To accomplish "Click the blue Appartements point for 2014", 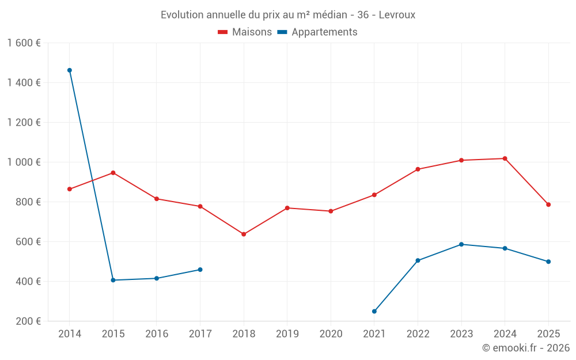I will (70, 70).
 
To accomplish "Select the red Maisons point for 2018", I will (244, 234).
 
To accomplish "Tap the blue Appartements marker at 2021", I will (374, 312).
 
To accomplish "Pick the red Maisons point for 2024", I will (505, 158).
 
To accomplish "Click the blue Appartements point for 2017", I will (200, 270).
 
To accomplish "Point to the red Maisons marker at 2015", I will (113, 173).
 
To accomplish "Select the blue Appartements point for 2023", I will (461, 244).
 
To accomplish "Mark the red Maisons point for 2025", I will (548, 204).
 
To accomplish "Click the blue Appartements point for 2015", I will (113, 281).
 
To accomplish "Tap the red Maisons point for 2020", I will (331, 211).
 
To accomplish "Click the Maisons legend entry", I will (245, 32).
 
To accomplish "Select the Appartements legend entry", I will (317, 32).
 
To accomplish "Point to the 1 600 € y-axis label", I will (24, 43).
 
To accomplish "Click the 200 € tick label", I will (28, 321).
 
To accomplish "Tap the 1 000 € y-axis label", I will (24, 162).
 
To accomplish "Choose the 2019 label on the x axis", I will (287, 334).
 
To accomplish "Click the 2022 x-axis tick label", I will (418, 334).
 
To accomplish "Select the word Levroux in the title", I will (397, 15).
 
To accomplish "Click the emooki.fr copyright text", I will (525, 348).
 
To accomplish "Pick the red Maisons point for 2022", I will (418, 169).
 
